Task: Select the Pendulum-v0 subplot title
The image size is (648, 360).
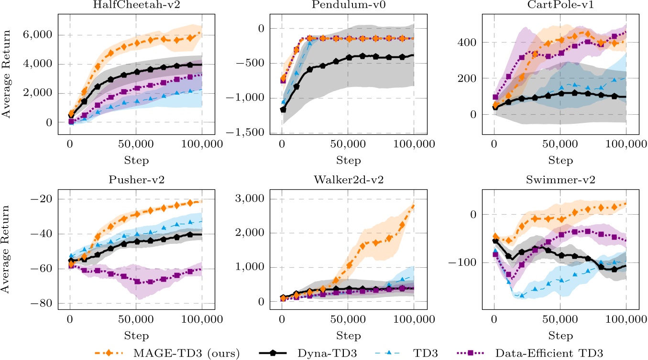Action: coord(341,5)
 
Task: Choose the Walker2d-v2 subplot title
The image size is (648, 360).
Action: coord(341,181)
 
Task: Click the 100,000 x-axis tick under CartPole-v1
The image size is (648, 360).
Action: coord(626,144)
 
